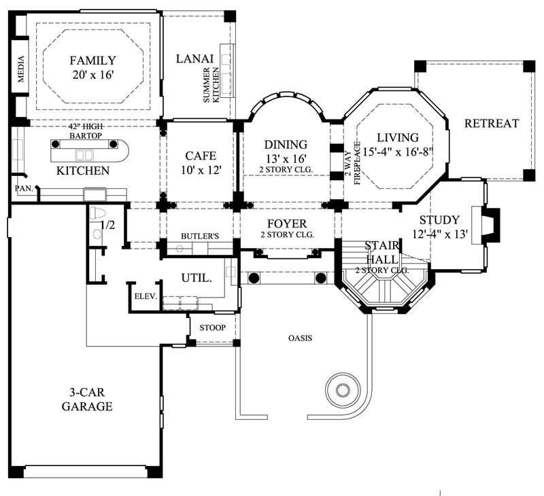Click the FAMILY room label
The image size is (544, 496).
(92, 60)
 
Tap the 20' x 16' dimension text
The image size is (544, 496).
(92, 74)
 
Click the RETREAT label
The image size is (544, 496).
(491, 124)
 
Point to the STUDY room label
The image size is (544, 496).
(439, 220)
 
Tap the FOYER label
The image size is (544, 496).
(286, 224)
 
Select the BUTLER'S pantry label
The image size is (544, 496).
(199, 236)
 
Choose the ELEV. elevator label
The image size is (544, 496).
(146, 296)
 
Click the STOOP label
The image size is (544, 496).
(212, 328)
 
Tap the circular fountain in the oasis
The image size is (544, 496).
(341, 389)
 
